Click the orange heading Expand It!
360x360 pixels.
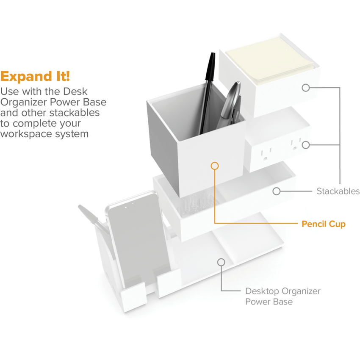tap(35, 76)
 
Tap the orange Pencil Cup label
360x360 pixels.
tap(324, 224)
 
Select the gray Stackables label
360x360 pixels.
tap(338, 191)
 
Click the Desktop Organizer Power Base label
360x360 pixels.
tap(283, 296)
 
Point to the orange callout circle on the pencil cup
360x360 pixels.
tap(215, 166)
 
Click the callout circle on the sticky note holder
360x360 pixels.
tap(306, 88)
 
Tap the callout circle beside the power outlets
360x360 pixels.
tap(306, 145)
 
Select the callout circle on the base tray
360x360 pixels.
tap(221, 262)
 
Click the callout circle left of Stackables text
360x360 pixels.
tap(277, 191)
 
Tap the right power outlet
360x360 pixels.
tap(296, 144)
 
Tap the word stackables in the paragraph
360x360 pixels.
tap(75, 113)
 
